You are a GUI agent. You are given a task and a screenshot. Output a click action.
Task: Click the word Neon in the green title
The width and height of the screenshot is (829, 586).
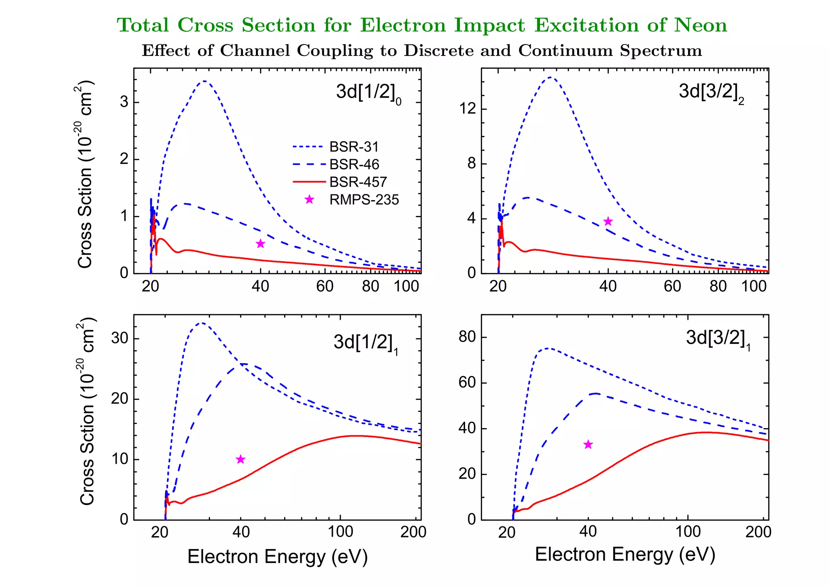pos(700,25)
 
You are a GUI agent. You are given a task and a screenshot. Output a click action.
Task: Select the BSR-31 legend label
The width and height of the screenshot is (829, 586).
pos(354,147)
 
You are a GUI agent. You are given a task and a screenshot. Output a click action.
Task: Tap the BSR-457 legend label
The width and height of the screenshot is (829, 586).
pos(358,182)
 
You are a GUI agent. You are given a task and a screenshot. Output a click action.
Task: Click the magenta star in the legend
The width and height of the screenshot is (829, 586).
pos(309,199)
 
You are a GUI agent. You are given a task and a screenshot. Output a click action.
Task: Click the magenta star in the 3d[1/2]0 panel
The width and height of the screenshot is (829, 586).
pos(261,243)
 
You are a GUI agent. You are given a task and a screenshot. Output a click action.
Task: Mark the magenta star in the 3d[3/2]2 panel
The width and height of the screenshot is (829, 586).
pos(608,221)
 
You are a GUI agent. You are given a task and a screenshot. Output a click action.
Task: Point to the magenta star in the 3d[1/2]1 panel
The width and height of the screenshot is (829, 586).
pos(240,459)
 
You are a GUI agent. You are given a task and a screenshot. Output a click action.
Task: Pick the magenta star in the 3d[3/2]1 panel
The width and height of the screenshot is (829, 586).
pos(588,444)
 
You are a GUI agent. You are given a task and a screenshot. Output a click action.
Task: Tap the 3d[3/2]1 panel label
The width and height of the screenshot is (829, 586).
pos(718,339)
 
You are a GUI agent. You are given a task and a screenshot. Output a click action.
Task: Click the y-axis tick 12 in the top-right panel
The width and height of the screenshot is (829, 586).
pos(468,109)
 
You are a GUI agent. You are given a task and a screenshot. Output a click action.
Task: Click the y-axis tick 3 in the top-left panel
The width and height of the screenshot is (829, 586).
pos(124,102)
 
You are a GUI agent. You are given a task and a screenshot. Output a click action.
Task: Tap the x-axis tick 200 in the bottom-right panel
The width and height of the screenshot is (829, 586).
pos(758,532)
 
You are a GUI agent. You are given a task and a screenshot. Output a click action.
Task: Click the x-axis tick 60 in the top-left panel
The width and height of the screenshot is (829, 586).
pos(325,286)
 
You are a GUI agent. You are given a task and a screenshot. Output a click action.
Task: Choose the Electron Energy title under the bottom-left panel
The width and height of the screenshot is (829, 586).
pos(277,556)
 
